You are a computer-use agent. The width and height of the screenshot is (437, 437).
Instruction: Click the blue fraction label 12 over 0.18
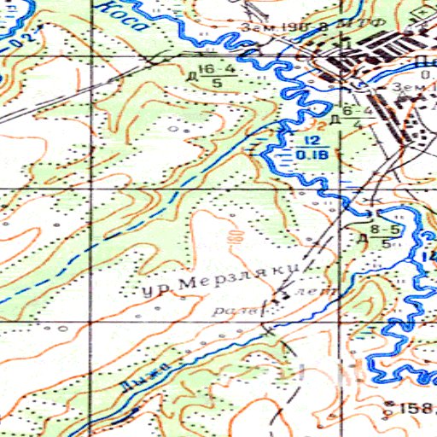311,147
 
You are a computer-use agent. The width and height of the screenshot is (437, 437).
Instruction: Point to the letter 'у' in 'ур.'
149,295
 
